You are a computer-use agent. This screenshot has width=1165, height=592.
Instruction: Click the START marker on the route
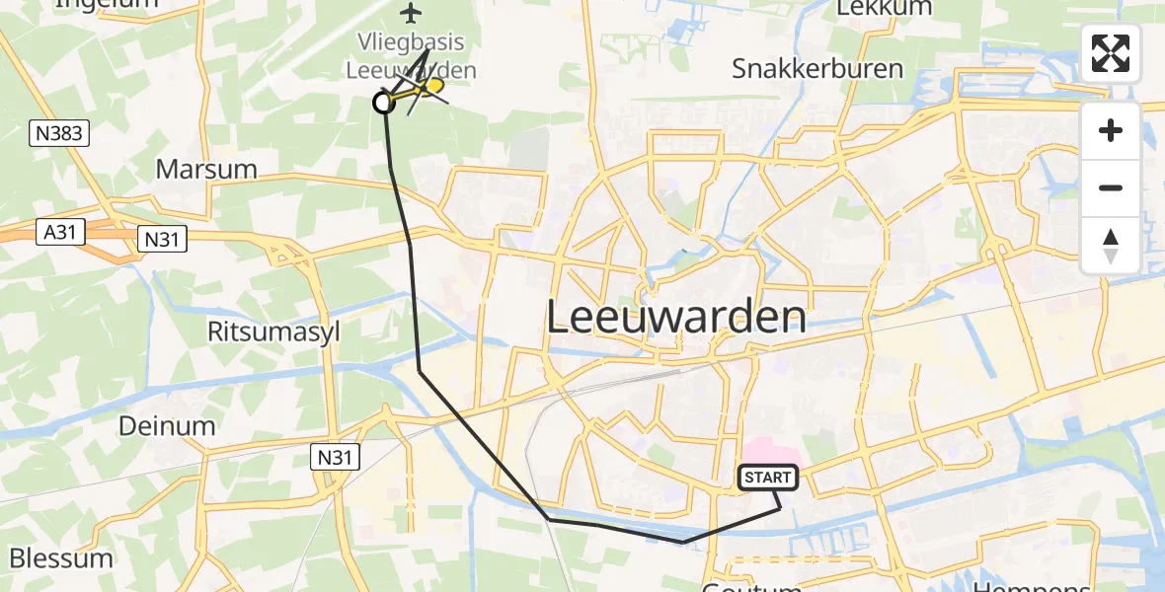pos(767,478)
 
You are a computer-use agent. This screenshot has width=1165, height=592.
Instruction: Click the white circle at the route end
pos(383,102)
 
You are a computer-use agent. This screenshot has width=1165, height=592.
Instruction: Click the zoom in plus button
pos(1111,130)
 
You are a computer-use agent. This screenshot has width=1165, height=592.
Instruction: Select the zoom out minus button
pos(1111,187)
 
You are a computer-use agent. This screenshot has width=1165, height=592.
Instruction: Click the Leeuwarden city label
pos(675,318)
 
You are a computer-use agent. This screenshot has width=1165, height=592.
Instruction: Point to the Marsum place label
pos(206,169)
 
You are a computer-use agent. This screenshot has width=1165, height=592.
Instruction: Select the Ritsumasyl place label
pos(273,332)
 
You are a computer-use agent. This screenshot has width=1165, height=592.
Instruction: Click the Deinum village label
pos(167,426)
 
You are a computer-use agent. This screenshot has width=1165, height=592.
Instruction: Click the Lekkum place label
pos(870,8)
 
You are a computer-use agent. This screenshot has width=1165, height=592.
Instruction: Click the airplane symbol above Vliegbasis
pos(411,13)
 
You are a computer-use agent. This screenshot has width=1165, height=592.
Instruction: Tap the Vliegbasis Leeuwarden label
pos(411,57)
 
